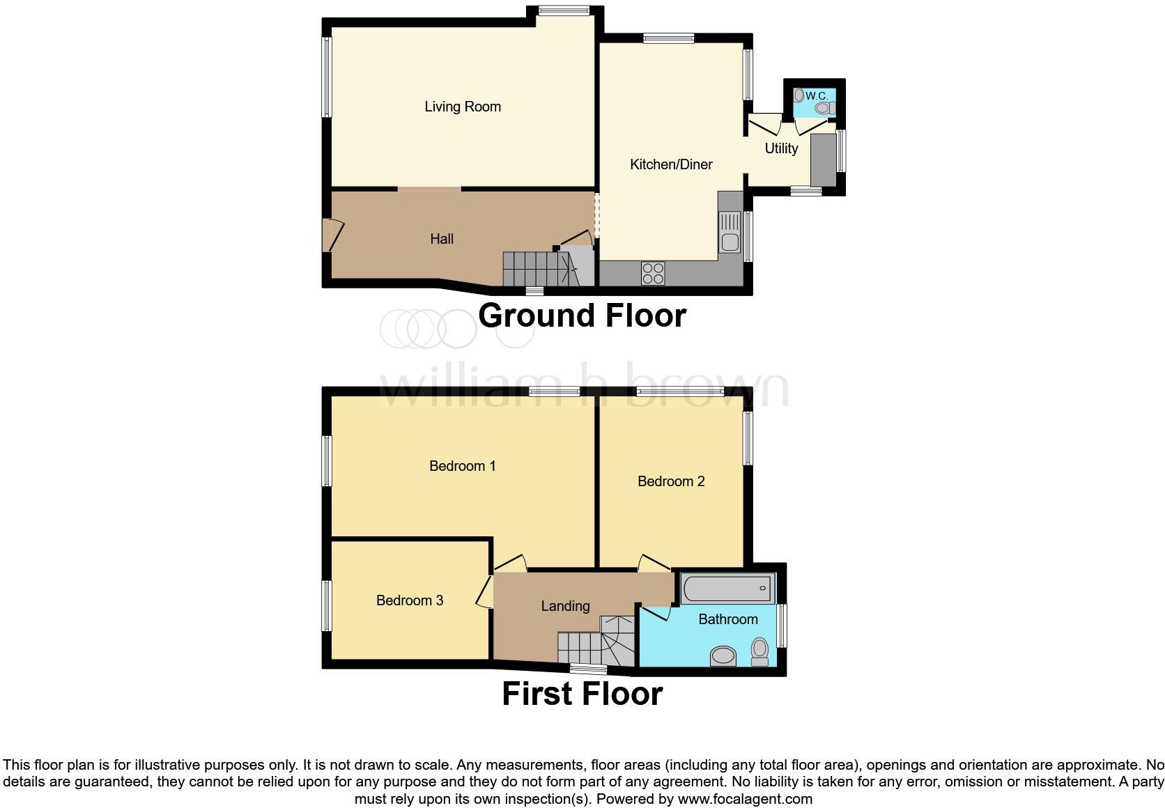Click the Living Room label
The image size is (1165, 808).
coord(463,107)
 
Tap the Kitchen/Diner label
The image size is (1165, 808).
coord(671,164)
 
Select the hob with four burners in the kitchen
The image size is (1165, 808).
coord(653,272)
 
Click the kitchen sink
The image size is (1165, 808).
coord(730,233)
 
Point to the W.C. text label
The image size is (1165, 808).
coord(817,95)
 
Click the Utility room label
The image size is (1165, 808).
coord(781,148)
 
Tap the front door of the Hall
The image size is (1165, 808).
coord(332,235)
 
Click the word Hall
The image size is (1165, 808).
coord(442,239)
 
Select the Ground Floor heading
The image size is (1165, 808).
coord(582,316)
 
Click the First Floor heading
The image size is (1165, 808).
coord(582,694)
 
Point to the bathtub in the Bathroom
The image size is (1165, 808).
coord(727,589)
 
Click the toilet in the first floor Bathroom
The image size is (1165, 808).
coord(759,652)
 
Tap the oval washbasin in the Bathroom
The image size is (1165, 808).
coord(723,655)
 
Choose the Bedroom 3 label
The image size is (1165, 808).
coord(410,600)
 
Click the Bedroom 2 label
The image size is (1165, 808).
coord(671,481)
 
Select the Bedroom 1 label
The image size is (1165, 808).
coord(463,466)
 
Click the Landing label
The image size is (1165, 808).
coord(565,606)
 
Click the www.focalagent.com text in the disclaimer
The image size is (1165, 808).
coord(743,799)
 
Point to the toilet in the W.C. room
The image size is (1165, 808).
coord(825,109)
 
